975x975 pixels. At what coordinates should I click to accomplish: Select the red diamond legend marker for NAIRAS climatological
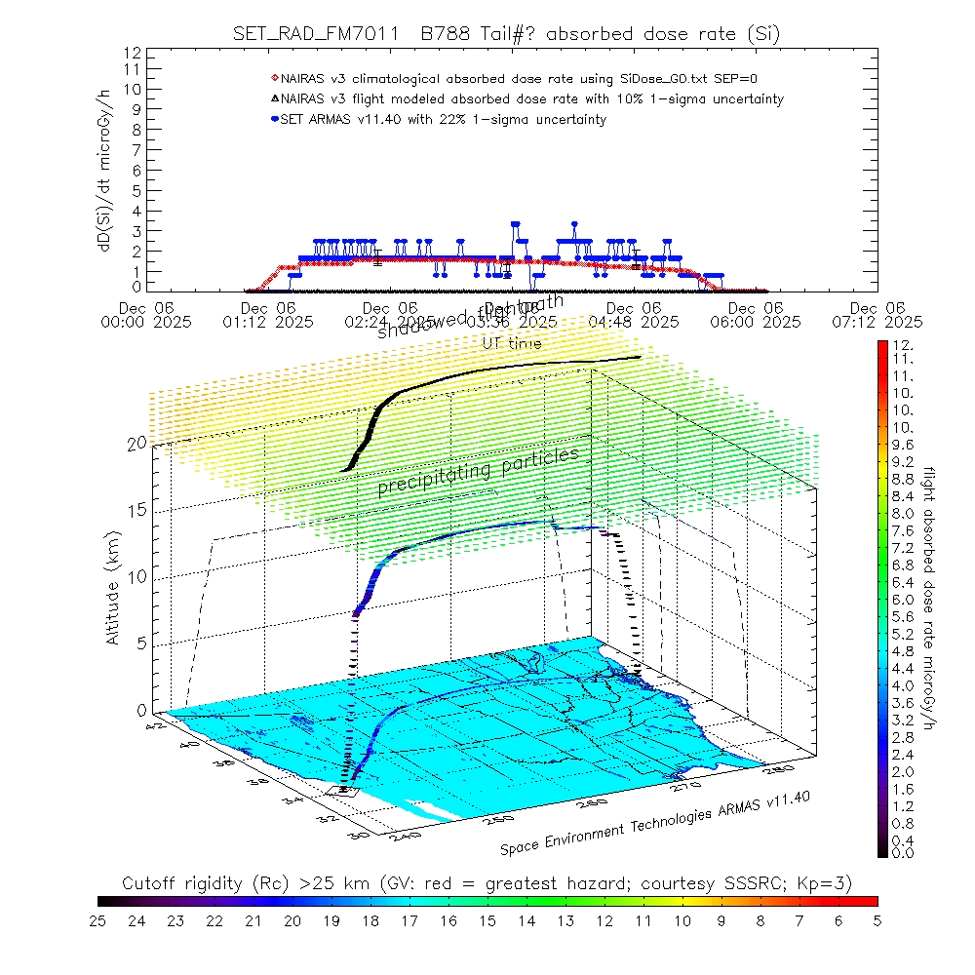[x=275, y=77]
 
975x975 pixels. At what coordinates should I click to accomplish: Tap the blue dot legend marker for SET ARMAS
[x=275, y=120]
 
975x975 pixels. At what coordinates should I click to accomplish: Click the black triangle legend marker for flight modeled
[x=275, y=98]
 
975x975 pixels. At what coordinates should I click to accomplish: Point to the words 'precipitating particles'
[x=478, y=472]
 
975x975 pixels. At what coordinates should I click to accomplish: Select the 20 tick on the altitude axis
[x=136, y=443]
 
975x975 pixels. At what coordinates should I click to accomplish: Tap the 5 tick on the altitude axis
[x=141, y=643]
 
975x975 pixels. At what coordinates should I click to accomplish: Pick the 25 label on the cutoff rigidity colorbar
[x=98, y=919]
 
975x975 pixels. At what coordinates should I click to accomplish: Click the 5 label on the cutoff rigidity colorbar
[x=877, y=919]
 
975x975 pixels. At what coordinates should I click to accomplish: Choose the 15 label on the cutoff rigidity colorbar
[x=487, y=919]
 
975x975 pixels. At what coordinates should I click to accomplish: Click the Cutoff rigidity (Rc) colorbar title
[x=487, y=883]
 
